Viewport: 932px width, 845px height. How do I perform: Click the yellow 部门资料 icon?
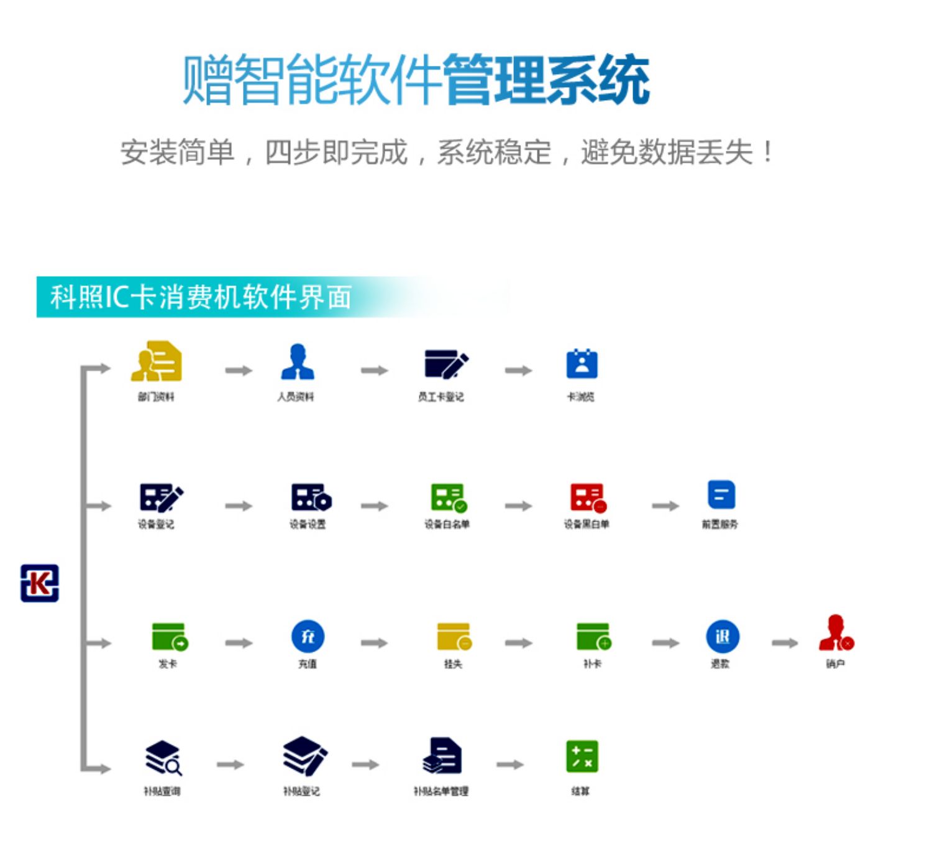pyautogui.click(x=157, y=361)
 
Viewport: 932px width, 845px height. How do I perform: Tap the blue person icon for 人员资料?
pyautogui.click(x=298, y=362)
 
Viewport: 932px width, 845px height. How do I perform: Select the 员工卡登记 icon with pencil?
pyautogui.click(x=445, y=364)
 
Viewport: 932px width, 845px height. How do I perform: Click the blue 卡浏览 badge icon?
pyautogui.click(x=582, y=364)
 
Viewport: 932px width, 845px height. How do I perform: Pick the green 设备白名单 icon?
pyautogui.click(x=448, y=497)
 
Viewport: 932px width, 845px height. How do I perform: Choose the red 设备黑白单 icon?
pyautogui.click(x=587, y=497)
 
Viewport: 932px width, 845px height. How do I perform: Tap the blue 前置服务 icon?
pyautogui.click(x=721, y=495)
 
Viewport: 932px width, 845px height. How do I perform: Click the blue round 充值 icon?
pyautogui.click(x=308, y=636)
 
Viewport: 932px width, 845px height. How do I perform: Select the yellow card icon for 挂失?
pyautogui.click(x=454, y=637)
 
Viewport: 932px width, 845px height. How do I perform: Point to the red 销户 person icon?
pyautogui.click(x=836, y=634)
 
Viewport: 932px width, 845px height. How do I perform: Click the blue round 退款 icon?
pyautogui.click(x=722, y=636)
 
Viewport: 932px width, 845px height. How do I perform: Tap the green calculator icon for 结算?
pyautogui.click(x=582, y=757)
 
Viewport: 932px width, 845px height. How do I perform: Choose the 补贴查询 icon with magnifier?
pyautogui.click(x=163, y=758)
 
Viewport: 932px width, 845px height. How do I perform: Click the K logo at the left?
pyautogui.click(x=40, y=583)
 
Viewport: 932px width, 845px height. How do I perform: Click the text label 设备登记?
pyautogui.click(x=156, y=525)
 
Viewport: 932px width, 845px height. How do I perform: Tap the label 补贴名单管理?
pyautogui.click(x=441, y=791)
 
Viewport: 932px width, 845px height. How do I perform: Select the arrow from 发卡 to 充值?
pyautogui.click(x=239, y=643)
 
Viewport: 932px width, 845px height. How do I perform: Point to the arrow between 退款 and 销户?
pyautogui.click(x=784, y=643)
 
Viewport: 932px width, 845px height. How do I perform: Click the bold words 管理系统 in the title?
pyautogui.click(x=546, y=80)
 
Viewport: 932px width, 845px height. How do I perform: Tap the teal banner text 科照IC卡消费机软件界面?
pyautogui.click(x=201, y=297)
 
